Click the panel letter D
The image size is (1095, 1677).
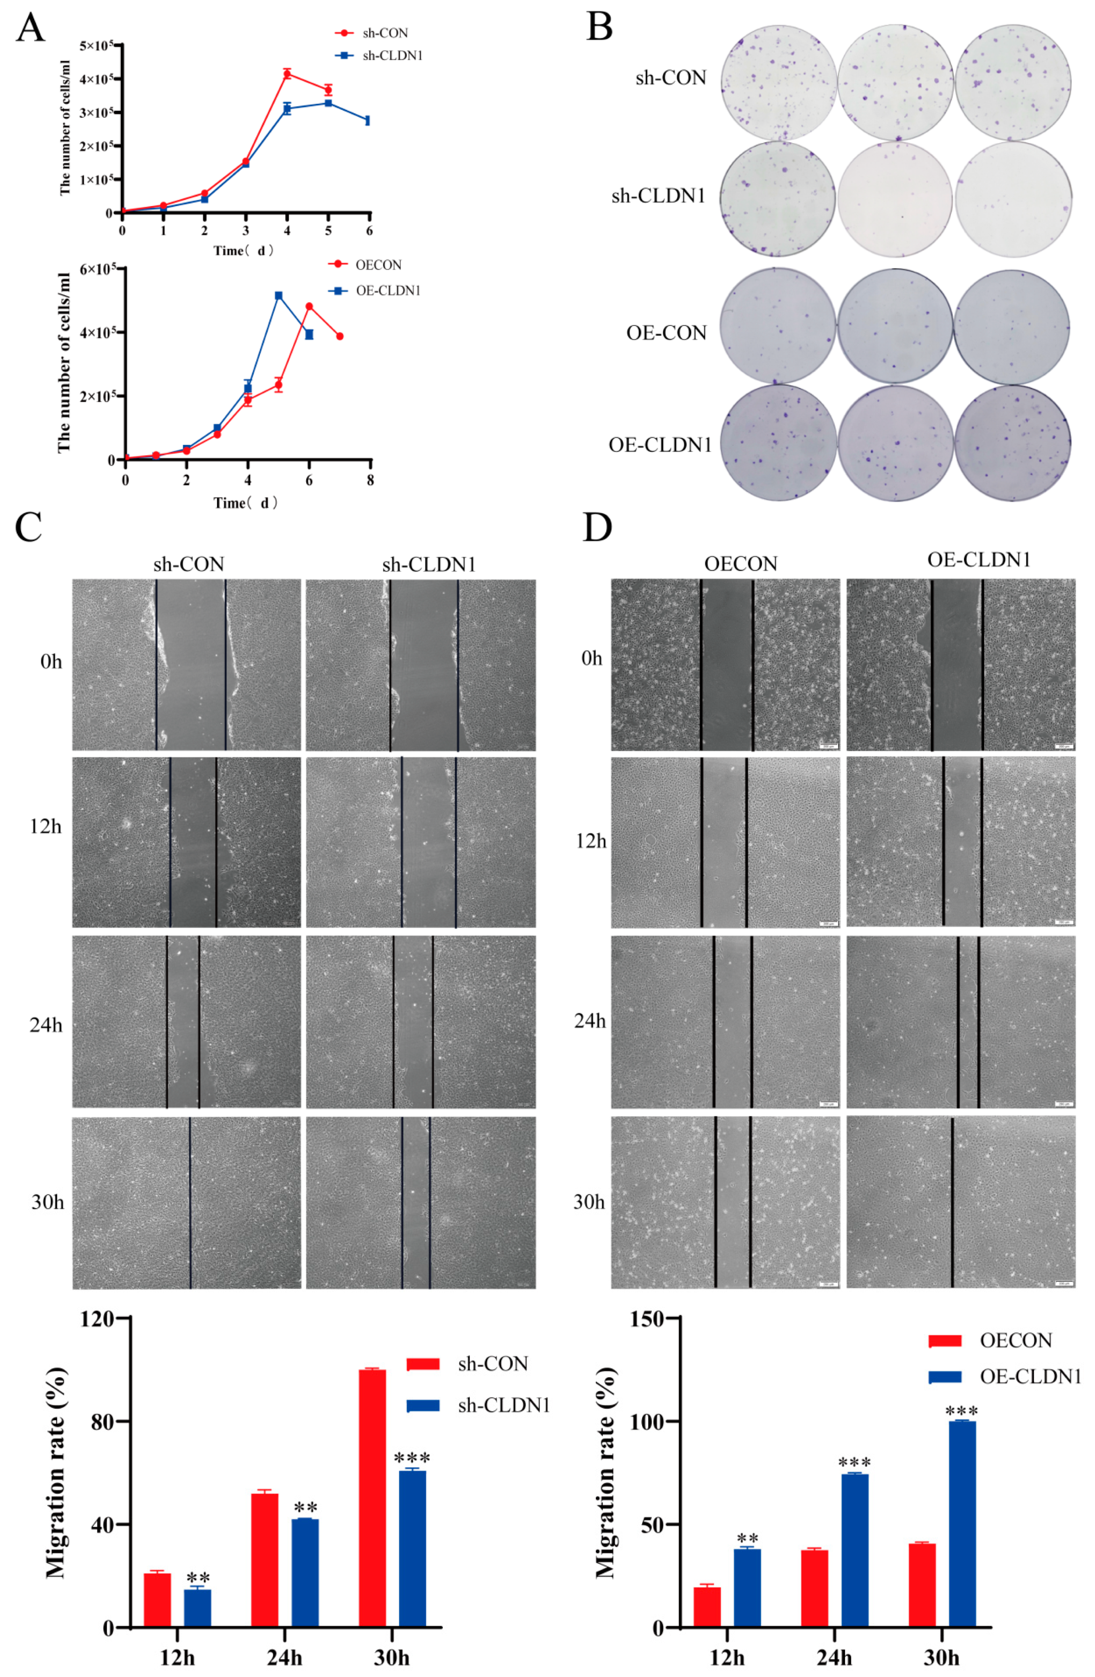coord(597,527)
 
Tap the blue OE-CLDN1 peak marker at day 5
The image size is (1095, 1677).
coord(279,296)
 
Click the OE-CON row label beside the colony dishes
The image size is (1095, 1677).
coord(666,332)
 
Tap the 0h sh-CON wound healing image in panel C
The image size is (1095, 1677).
coord(187,665)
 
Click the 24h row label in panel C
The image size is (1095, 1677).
coord(46,1024)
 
